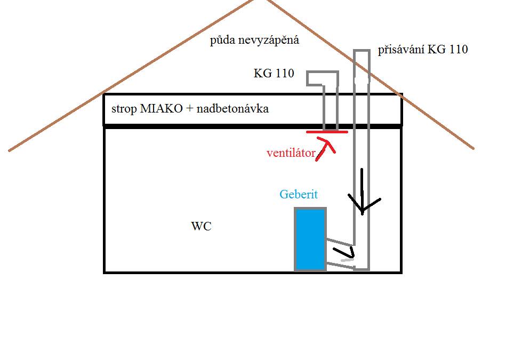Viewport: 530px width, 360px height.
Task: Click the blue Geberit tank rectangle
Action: tap(310, 239)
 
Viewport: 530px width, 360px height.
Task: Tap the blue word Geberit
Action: tap(299, 194)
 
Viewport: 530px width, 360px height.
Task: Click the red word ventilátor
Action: tap(291, 153)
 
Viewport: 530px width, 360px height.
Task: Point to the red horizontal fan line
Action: tap(327, 132)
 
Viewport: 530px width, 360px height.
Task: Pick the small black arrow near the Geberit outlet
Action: tap(344, 253)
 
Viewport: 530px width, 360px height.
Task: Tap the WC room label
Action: tap(202, 226)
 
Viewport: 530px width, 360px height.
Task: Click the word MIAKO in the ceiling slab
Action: tap(161, 108)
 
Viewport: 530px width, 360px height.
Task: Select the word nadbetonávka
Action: tap(232, 108)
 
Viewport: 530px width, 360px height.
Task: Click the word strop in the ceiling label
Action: tap(124, 109)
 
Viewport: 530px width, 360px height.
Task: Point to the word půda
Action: tap(223, 40)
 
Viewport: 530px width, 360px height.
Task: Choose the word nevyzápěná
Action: tap(269, 40)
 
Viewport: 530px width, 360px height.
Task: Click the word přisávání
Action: tap(401, 50)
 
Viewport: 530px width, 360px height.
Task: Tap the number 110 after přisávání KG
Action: tap(459, 50)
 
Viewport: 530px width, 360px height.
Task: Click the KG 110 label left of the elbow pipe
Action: tap(274, 73)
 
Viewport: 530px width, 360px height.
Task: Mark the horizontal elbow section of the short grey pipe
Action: tap(322, 78)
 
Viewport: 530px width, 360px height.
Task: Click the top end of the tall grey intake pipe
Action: tap(362, 51)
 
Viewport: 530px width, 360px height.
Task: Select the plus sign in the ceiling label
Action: tap(190, 108)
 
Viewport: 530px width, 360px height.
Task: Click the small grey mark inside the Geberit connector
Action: tap(347, 260)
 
